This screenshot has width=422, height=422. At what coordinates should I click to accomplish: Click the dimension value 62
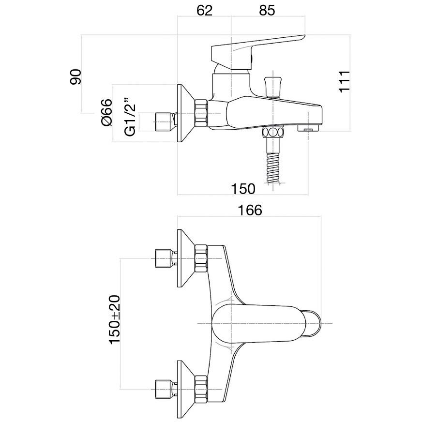point(205,11)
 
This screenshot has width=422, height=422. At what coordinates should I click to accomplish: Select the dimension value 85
point(267,11)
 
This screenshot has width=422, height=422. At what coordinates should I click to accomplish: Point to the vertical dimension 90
point(76,77)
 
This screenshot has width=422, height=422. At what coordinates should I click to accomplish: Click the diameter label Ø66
point(107,113)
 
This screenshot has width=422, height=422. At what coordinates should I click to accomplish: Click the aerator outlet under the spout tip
point(308,129)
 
